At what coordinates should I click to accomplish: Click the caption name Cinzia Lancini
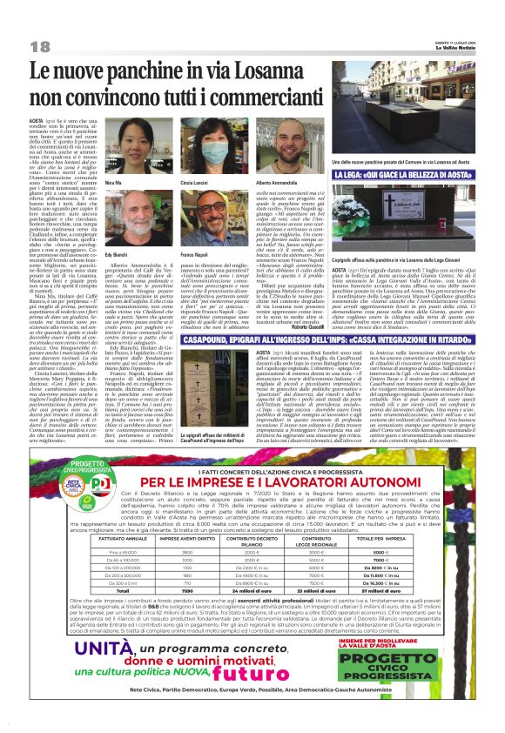(x=195, y=185)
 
